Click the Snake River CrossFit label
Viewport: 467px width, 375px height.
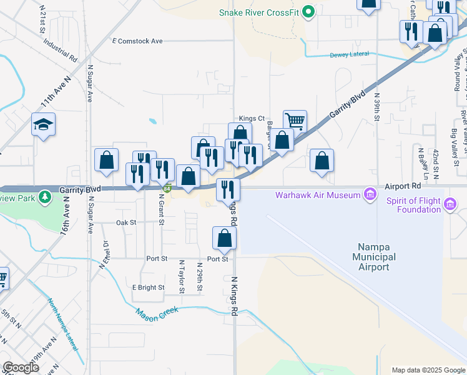pyautogui.click(x=259, y=12)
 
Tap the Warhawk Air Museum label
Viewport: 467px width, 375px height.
pyautogui.click(x=318, y=196)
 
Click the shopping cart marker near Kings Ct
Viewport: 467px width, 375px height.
pyautogui.click(x=295, y=120)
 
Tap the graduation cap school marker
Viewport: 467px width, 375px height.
pyautogui.click(x=44, y=125)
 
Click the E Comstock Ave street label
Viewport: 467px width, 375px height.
pyautogui.click(x=137, y=41)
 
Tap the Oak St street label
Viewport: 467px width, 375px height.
pyautogui.click(x=126, y=222)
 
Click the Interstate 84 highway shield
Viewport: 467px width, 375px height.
pyautogui.click(x=167, y=189)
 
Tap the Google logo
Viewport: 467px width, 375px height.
pyautogui.click(x=21, y=367)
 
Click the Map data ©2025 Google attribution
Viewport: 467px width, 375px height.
pyautogui.click(x=428, y=370)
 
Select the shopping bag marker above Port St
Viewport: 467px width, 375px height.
pyautogui.click(x=224, y=238)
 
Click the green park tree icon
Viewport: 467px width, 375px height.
pyautogui.click(x=44, y=198)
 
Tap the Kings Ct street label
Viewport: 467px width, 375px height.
pyautogui.click(x=252, y=118)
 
